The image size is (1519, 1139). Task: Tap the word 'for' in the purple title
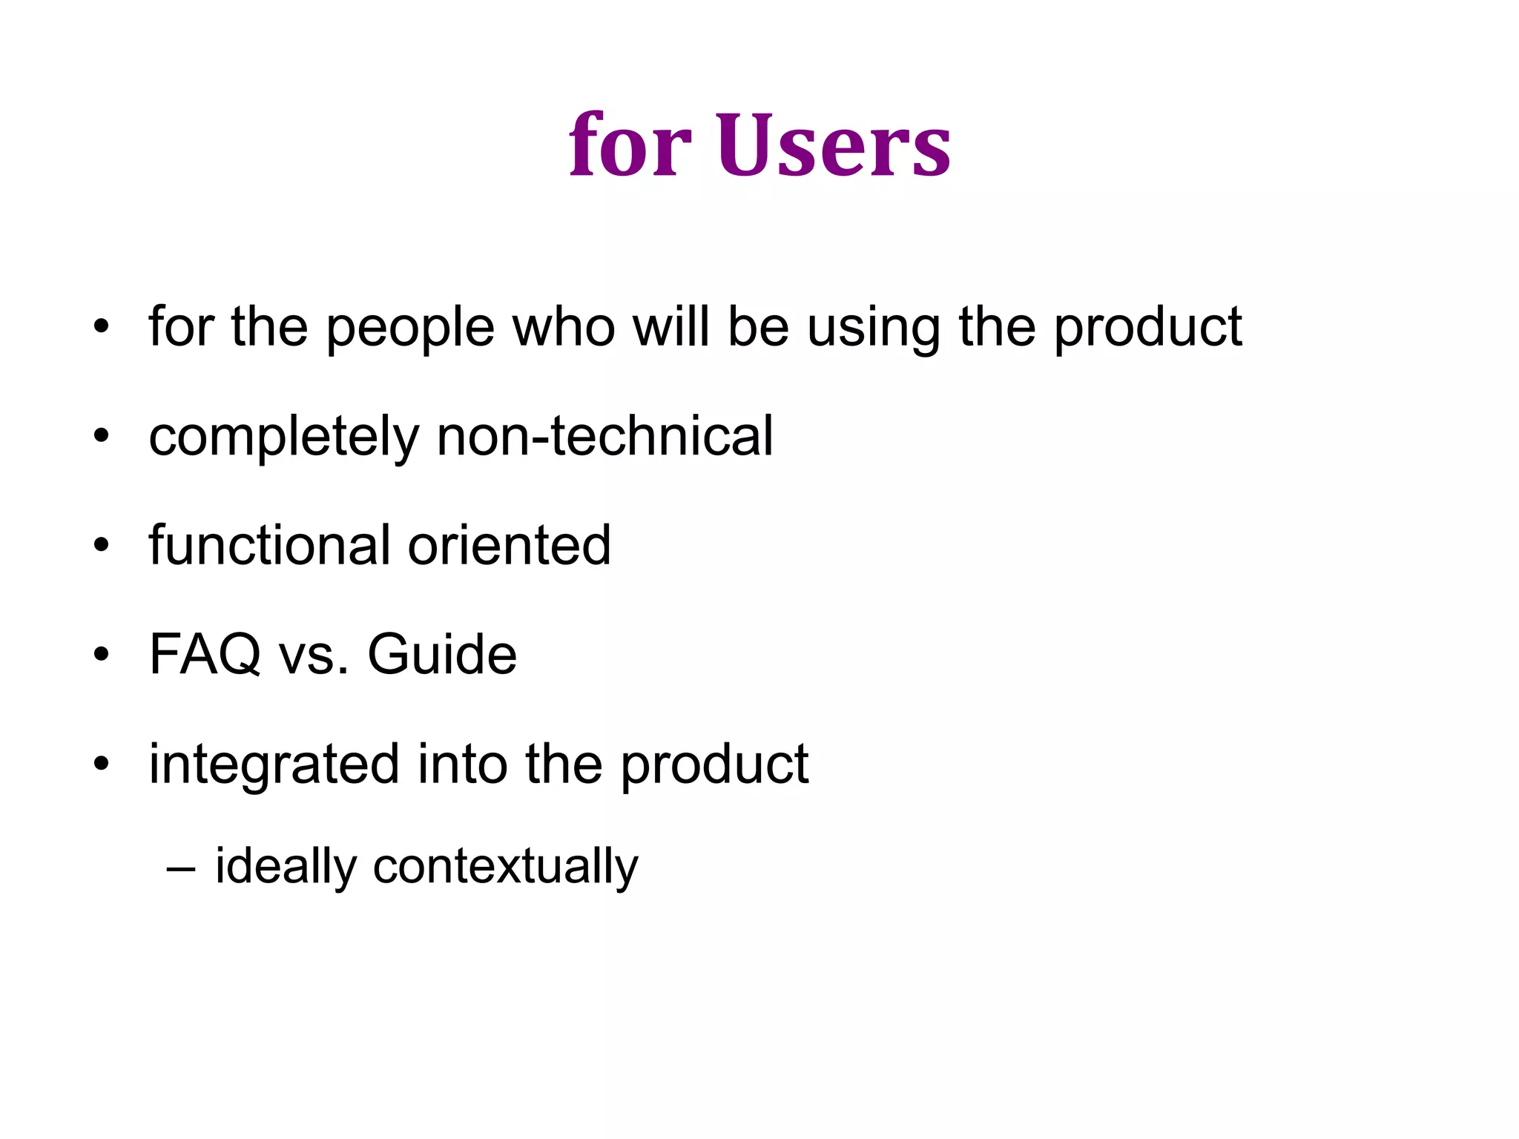coord(630,145)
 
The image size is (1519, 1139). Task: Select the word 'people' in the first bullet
coord(410,328)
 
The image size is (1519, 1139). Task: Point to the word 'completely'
coord(284,438)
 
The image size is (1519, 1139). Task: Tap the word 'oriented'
coord(510,545)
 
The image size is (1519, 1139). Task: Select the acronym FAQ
coord(205,655)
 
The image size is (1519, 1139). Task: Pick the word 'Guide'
coord(442,655)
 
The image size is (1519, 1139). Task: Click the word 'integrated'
coord(274,765)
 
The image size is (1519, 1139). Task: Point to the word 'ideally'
coord(286,867)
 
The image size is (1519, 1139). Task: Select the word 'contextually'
coord(505,867)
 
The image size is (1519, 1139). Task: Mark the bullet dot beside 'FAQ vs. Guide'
coord(102,656)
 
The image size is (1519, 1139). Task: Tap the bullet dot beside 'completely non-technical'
coord(102,437)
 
